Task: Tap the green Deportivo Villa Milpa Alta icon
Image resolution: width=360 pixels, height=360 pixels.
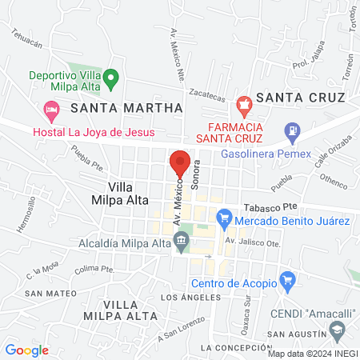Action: [x=112, y=79]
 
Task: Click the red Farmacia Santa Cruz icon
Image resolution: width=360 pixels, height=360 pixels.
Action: [x=244, y=103]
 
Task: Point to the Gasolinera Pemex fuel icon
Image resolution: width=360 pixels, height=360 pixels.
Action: [x=294, y=129]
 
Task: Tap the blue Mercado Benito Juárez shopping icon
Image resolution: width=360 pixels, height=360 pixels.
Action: [x=225, y=216]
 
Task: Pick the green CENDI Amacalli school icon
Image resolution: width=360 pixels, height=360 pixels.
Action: [x=338, y=330]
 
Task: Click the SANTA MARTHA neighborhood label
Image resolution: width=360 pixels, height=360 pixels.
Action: [x=126, y=106]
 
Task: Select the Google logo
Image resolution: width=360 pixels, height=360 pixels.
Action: [x=27, y=350]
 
